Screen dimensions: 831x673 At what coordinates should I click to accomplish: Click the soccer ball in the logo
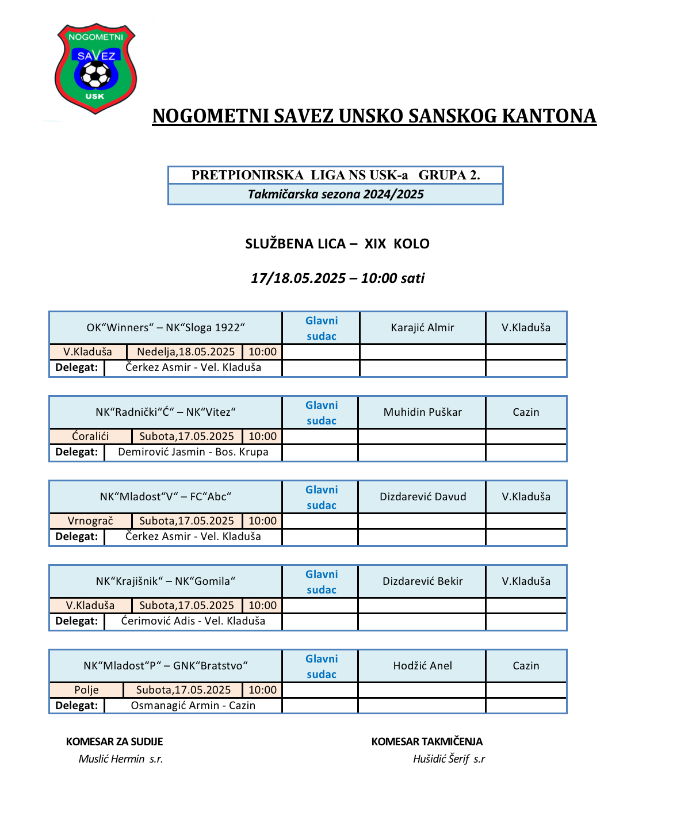pyautogui.click(x=95, y=74)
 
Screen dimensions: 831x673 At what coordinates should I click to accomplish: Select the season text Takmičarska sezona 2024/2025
pyautogui.click(x=335, y=194)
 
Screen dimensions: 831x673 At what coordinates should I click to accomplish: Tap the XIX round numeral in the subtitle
pyautogui.click(x=375, y=244)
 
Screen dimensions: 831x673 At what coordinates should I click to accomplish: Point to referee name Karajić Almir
pyautogui.click(x=422, y=328)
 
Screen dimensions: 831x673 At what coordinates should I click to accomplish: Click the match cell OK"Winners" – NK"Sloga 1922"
pyautogui.click(x=166, y=328)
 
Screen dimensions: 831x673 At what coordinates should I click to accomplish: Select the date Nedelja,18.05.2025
pyautogui.click(x=186, y=352)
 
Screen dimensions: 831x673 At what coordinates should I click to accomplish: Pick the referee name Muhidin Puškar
pyautogui.click(x=422, y=412)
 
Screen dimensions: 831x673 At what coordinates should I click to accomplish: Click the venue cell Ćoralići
pyautogui.click(x=90, y=436)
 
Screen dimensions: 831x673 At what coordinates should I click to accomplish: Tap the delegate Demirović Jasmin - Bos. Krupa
pyautogui.click(x=193, y=452)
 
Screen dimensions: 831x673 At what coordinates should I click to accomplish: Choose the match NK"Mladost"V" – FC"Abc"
pyautogui.click(x=166, y=497)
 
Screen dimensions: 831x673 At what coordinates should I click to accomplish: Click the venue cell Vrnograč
pyautogui.click(x=90, y=521)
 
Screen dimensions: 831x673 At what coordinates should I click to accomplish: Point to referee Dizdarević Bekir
pyautogui.click(x=422, y=581)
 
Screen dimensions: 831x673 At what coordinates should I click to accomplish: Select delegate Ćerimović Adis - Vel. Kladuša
pyautogui.click(x=193, y=621)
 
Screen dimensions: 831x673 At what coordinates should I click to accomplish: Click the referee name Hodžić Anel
pyautogui.click(x=422, y=666)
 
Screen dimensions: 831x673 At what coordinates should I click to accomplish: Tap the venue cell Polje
pyautogui.click(x=86, y=690)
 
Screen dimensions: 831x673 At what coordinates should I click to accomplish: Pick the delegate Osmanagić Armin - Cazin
pyautogui.click(x=193, y=706)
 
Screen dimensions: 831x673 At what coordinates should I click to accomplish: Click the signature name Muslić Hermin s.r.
pyautogui.click(x=121, y=759)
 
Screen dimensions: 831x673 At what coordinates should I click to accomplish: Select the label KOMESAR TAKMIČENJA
pyautogui.click(x=427, y=742)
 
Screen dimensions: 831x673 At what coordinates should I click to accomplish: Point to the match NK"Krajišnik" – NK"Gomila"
pyautogui.click(x=166, y=581)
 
